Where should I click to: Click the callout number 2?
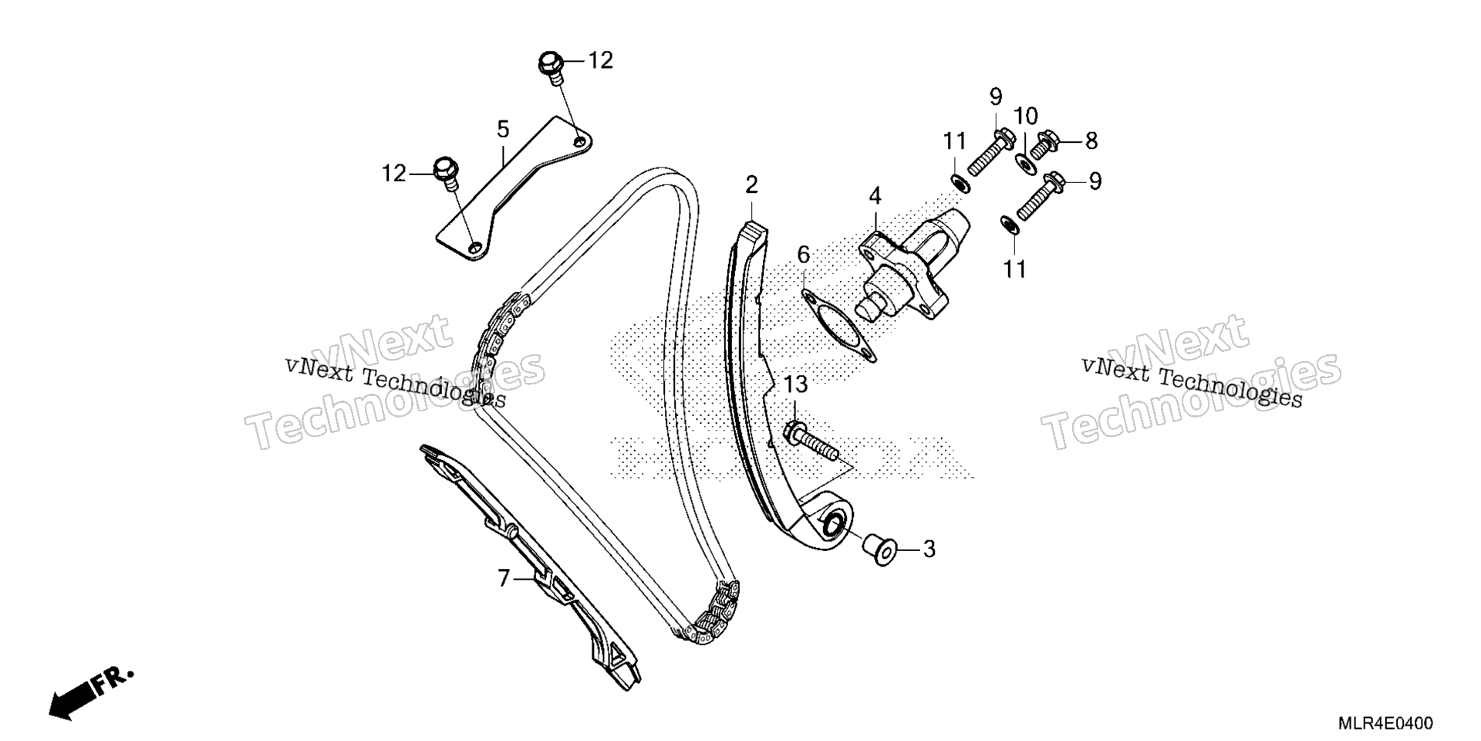(751, 185)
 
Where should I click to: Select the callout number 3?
(929, 550)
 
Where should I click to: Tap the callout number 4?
(875, 196)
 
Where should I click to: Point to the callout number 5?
(503, 129)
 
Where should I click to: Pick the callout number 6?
(804, 255)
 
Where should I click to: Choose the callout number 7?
(504, 578)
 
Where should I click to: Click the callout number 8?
(1091, 141)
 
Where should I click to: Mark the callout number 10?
(1026, 117)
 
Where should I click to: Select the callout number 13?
(796, 384)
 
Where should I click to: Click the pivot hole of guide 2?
(833, 528)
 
